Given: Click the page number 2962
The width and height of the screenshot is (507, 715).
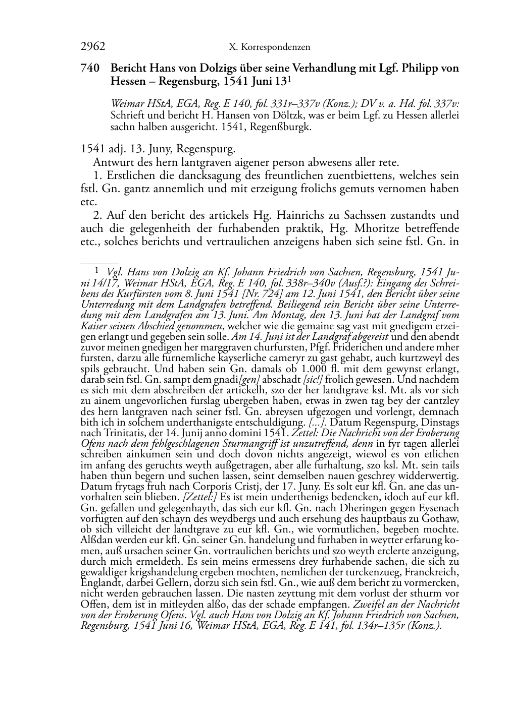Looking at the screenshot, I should pyautogui.click(x=93, y=47).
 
